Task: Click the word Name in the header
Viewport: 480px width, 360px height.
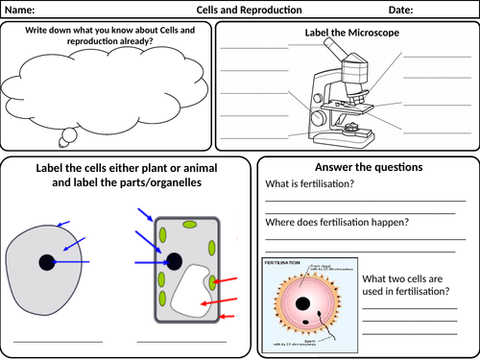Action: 24,10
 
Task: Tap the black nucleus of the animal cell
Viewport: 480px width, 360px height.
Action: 46,262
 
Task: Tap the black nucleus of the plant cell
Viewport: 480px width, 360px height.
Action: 175,260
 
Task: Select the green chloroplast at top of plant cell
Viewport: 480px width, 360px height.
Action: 190,226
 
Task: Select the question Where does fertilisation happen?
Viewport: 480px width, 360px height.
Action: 336,223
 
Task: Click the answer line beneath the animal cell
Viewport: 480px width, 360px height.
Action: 56,340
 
